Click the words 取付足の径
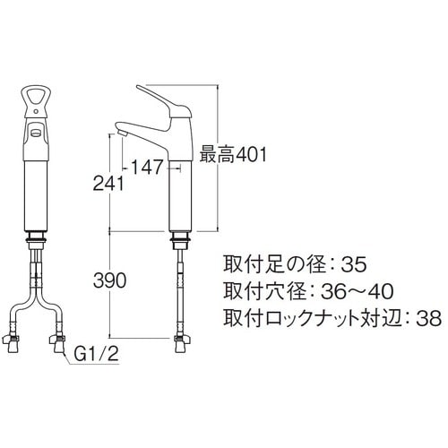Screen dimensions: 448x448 pos(264,264)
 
